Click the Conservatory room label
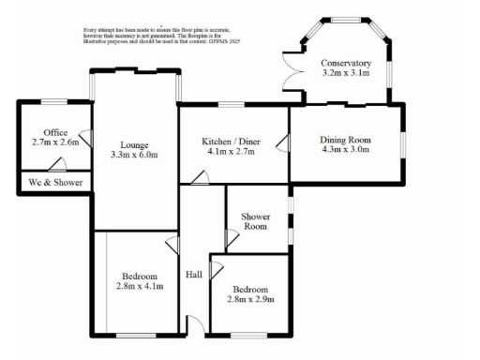coord(346,63)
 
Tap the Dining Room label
coord(346,137)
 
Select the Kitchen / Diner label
coord(231,141)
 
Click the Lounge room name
coord(135,144)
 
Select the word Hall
coord(195,275)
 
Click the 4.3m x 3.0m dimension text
coord(346,148)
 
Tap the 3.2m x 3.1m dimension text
coord(346,73)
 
